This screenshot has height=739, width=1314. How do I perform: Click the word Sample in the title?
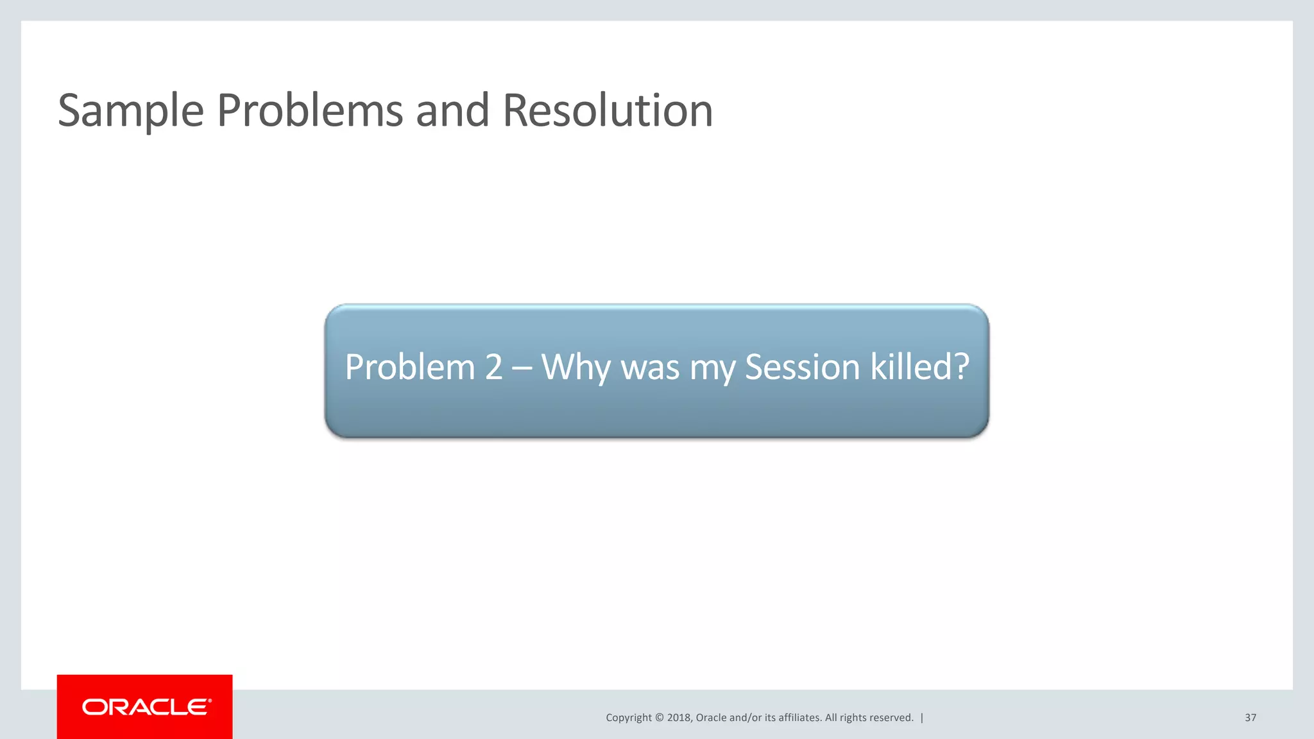pos(131,112)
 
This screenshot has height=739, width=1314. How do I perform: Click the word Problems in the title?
pos(310,110)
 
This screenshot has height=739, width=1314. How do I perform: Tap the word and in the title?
pos(452,110)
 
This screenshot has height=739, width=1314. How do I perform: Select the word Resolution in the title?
pos(608,110)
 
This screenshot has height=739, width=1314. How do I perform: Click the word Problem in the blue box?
pos(410,367)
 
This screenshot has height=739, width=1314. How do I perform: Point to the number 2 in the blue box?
pos(493,367)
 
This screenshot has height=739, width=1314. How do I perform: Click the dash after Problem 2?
pos(522,368)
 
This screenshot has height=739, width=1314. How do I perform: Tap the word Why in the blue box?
pos(576,368)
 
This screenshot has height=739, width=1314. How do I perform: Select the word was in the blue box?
pos(650,368)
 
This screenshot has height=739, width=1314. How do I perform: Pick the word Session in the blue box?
pos(802,367)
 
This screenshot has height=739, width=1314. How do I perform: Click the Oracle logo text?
pos(146,707)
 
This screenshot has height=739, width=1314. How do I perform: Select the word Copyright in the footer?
pos(629,718)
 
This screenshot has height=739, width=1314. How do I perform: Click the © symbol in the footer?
pos(660,718)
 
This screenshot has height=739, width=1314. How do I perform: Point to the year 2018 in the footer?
pos(679,718)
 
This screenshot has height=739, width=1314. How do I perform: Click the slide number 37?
pos(1250,718)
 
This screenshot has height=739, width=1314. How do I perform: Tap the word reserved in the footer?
pos(891,718)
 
